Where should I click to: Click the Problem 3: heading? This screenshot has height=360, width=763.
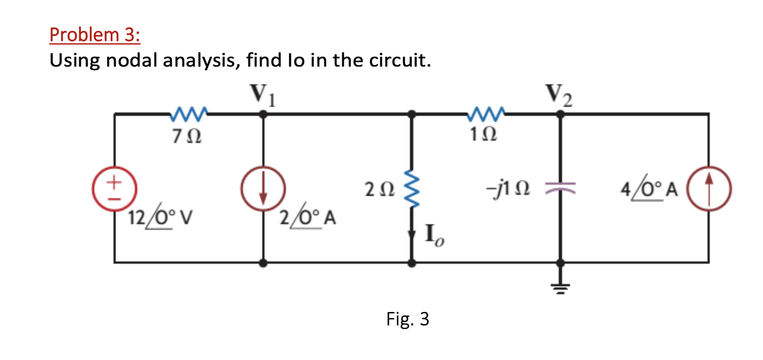pos(95,35)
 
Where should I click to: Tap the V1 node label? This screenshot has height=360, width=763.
pos(262,94)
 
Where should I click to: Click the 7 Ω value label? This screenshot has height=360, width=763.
pos(186,137)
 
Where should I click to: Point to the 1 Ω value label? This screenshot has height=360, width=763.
pos(483,135)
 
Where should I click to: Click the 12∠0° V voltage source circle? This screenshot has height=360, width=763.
pos(115,189)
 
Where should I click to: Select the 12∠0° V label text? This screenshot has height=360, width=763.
pos(160,217)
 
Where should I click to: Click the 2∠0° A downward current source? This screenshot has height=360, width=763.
pos(263,189)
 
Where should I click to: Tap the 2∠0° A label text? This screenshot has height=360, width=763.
pos(308,217)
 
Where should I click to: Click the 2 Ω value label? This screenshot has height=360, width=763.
pos(379,190)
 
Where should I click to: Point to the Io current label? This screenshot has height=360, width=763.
pos(434,235)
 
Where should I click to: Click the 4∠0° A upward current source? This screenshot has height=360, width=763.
pos(709,189)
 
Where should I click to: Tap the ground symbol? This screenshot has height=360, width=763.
pos(560,287)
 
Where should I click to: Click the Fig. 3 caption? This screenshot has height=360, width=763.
pos(407,319)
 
